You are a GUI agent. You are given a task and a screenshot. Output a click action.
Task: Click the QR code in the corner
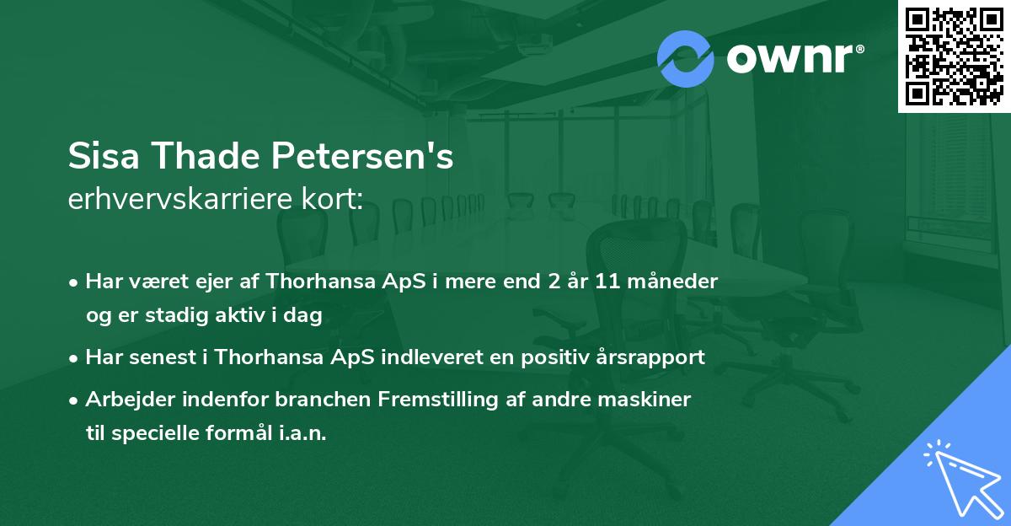pyautogui.click(x=955, y=56)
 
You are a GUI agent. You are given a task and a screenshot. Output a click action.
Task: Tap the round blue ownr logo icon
pyautogui.click(x=686, y=58)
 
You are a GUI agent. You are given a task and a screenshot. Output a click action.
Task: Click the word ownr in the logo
pyautogui.click(x=789, y=59)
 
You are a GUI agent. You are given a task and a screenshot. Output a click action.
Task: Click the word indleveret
pyautogui.click(x=448, y=357)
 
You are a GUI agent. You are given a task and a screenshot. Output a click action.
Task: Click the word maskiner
pyautogui.click(x=651, y=400)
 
